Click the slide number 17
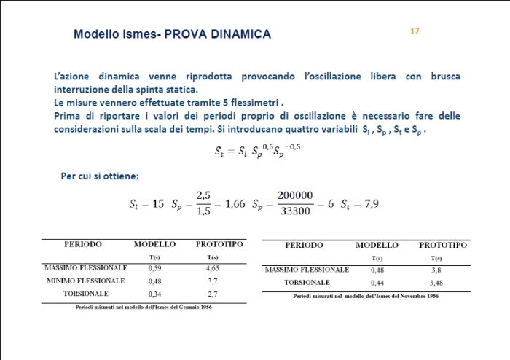click(415, 31)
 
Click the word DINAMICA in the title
click(235, 34)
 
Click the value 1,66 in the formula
click(235, 203)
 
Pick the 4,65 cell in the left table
click(213, 268)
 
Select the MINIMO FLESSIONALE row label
click(85, 281)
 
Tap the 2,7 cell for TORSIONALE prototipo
click(213, 294)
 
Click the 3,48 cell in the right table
click(436, 282)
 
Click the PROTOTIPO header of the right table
click(443, 246)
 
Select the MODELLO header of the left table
click(154, 244)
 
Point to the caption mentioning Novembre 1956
click(366, 296)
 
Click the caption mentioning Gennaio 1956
click(144, 307)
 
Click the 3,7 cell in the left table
click(213, 281)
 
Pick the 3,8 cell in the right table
click(436, 270)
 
